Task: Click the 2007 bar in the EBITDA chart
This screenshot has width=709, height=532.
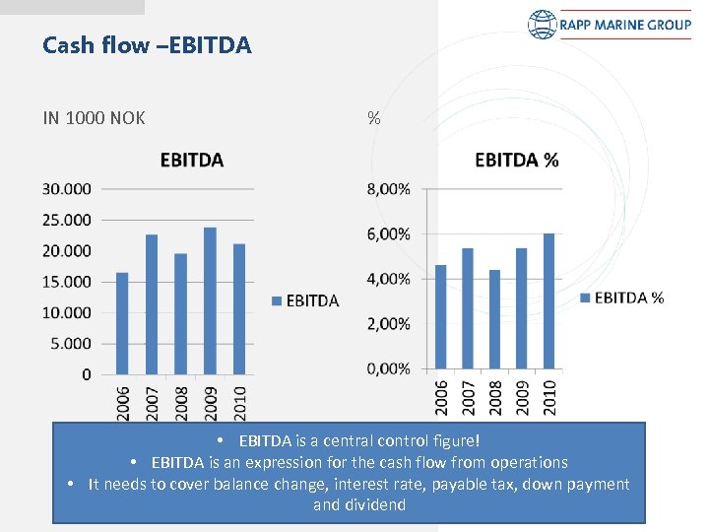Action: click(152, 304)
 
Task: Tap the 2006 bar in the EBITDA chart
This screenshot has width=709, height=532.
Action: click(122, 323)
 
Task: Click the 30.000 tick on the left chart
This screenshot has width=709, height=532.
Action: click(67, 188)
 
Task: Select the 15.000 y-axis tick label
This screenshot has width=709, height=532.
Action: click(67, 282)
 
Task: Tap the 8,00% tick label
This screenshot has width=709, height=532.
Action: click(389, 188)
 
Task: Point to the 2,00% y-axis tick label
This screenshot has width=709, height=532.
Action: click(389, 324)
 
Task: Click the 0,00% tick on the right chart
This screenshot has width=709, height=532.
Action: click(389, 368)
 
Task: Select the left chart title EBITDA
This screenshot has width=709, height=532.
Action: click(191, 160)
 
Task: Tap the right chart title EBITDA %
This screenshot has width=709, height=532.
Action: click(516, 160)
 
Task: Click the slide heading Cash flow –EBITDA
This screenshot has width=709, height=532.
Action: click(148, 45)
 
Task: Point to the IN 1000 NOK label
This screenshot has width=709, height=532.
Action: click(95, 118)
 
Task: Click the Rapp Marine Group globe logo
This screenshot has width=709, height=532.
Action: click(543, 25)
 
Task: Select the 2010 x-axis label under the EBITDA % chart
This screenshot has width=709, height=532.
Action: click(549, 398)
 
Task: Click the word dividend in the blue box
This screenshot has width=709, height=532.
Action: click(374, 505)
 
